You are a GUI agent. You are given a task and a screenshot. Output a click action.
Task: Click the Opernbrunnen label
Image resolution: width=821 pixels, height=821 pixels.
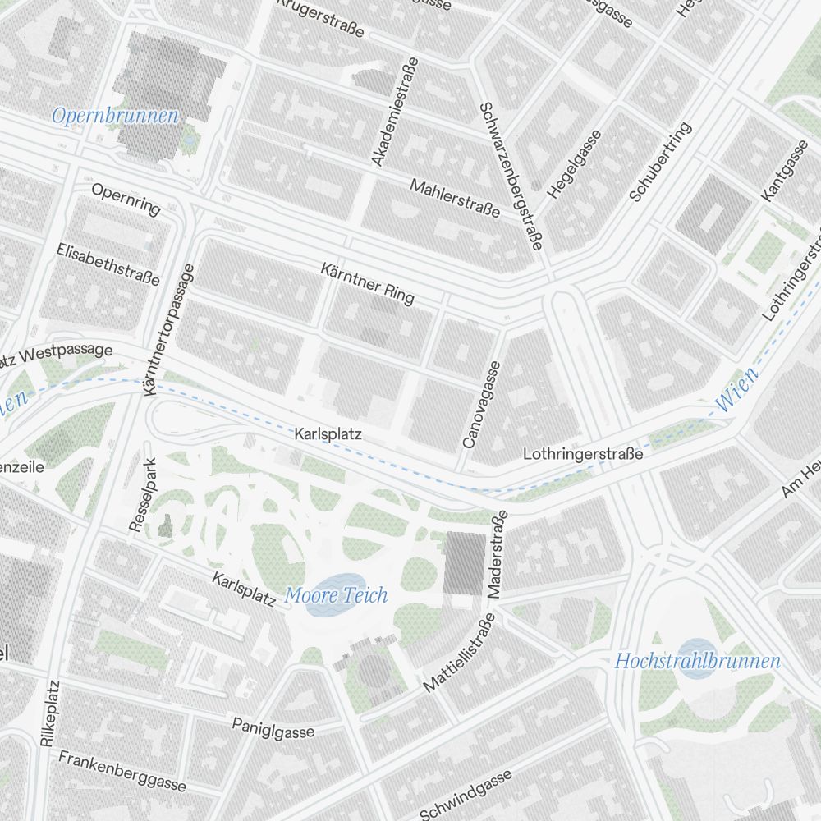click(x=115, y=116)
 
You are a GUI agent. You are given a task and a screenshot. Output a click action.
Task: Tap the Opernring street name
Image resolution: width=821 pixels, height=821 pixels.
click(x=126, y=199)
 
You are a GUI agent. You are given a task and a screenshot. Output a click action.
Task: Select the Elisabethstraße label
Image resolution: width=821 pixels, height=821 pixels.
click(x=108, y=264)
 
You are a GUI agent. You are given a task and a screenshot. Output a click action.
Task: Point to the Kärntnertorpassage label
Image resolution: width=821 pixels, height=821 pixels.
click(x=170, y=330)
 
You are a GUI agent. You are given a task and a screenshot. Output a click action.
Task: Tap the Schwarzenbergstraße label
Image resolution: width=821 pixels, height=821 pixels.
click(x=510, y=176)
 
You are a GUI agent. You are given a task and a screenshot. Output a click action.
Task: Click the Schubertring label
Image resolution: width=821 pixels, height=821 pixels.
click(x=661, y=162)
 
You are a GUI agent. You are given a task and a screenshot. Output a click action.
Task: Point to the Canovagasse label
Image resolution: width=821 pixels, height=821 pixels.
click(x=481, y=405)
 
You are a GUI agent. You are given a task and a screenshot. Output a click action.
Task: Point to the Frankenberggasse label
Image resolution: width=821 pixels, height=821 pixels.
click(x=122, y=771)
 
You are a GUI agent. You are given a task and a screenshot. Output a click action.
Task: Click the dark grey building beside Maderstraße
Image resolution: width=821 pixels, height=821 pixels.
click(x=465, y=562)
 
